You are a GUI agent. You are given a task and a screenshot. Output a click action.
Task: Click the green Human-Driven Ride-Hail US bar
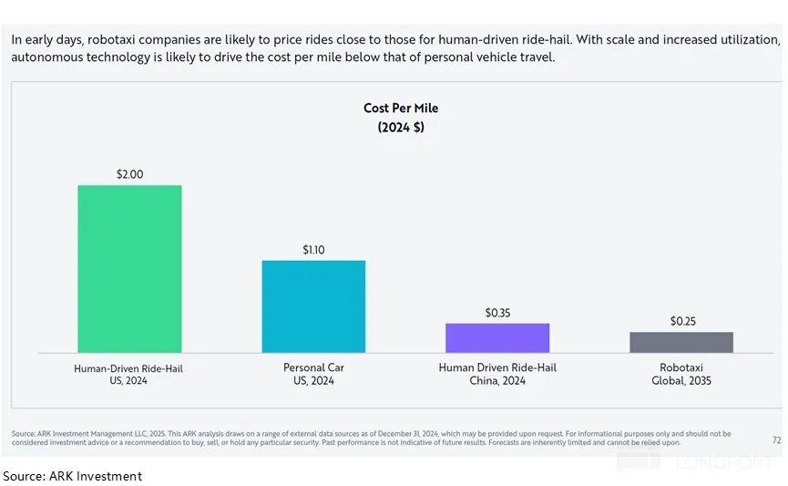pyautogui.click(x=129, y=268)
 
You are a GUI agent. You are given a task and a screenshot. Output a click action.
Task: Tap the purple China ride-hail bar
pyautogui.click(x=497, y=337)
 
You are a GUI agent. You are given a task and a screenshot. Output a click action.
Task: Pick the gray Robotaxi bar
pyautogui.click(x=681, y=342)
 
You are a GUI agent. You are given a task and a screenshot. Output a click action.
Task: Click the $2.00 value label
pyautogui.click(x=129, y=173)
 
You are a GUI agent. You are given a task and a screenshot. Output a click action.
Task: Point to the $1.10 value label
pyautogui.click(x=313, y=249)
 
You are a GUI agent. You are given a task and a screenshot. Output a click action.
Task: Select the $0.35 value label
pyautogui.click(x=497, y=313)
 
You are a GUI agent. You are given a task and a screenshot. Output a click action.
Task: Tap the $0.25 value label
pyautogui.click(x=681, y=321)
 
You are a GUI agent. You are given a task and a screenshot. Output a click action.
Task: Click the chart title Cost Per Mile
pyautogui.click(x=401, y=108)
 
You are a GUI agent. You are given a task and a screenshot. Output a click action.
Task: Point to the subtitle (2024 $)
pyautogui.click(x=401, y=128)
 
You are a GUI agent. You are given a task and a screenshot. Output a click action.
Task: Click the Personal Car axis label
pyautogui.click(x=313, y=367)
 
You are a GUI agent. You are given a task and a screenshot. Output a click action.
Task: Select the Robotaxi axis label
pyautogui.click(x=681, y=367)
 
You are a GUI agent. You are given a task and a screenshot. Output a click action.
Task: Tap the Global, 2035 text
pyautogui.click(x=681, y=381)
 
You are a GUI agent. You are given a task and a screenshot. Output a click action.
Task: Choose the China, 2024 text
pyautogui.click(x=497, y=381)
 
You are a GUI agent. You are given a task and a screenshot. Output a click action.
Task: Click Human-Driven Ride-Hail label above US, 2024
pyautogui.click(x=129, y=368)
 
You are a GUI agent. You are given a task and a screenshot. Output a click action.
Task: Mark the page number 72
pyautogui.click(x=776, y=439)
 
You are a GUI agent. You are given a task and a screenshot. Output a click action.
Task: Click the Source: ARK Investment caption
pyautogui.click(x=73, y=476)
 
